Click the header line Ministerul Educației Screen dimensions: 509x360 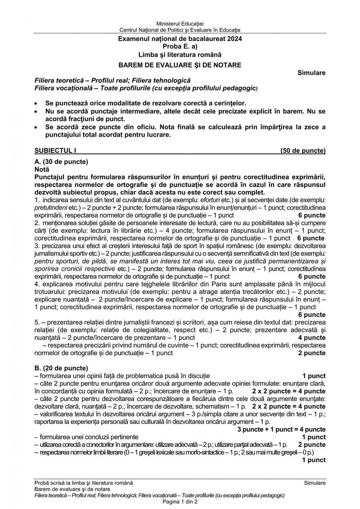click(180, 23)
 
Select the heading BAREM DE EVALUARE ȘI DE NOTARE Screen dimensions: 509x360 click(180, 65)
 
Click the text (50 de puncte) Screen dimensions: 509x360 click(303, 151)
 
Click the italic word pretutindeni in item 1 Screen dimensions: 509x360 click(51, 207)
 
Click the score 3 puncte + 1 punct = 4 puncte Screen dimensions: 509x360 click(282, 429)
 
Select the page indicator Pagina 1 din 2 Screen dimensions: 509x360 click(180, 501)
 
